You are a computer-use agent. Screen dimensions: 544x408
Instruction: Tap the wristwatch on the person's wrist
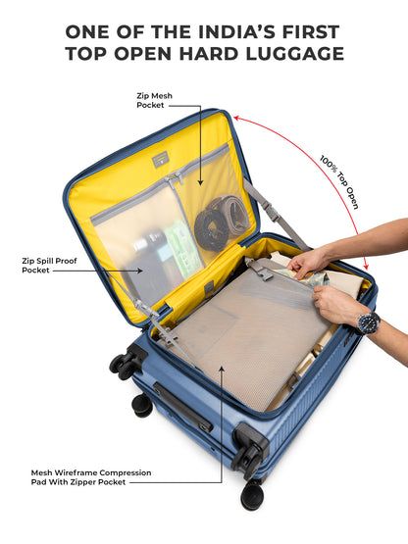pos(368,322)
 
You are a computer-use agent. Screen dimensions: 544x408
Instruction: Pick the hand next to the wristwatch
pos(334,306)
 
